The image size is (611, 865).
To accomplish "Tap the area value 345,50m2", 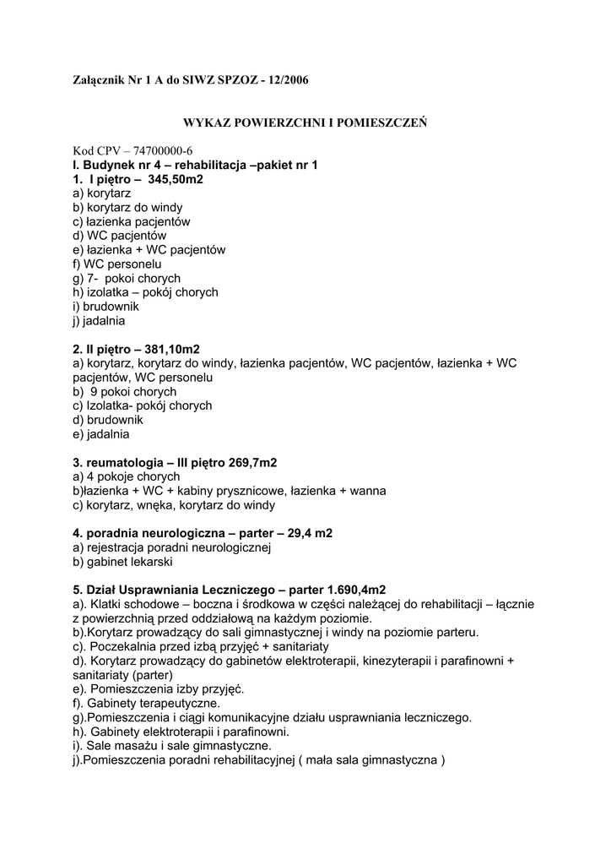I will pos(176,180).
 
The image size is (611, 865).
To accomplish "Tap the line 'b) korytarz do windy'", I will pos(127,208).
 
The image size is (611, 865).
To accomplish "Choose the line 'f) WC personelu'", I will pos(116,264).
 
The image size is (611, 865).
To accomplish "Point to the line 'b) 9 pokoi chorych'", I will pos(125,392).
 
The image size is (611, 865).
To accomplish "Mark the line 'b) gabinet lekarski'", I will pos(122,562).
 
